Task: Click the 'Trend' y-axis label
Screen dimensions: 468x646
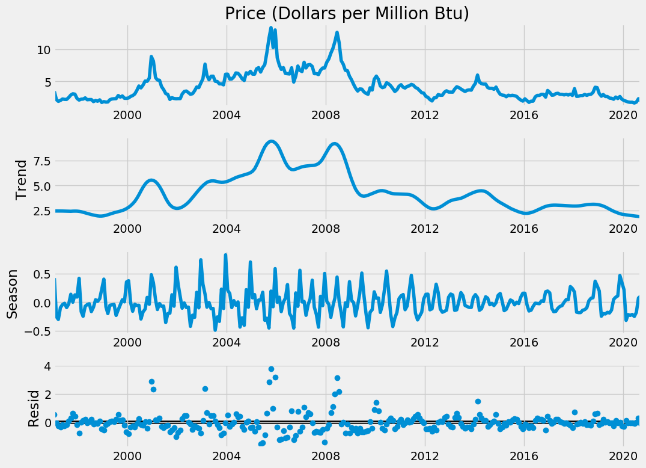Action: tap(22, 179)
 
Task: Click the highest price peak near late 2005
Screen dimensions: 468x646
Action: tap(271, 28)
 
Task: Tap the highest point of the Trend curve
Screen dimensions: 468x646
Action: tap(272, 141)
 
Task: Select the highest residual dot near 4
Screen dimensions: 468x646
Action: tap(271, 369)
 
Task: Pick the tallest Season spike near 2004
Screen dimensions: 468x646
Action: tap(225, 255)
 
